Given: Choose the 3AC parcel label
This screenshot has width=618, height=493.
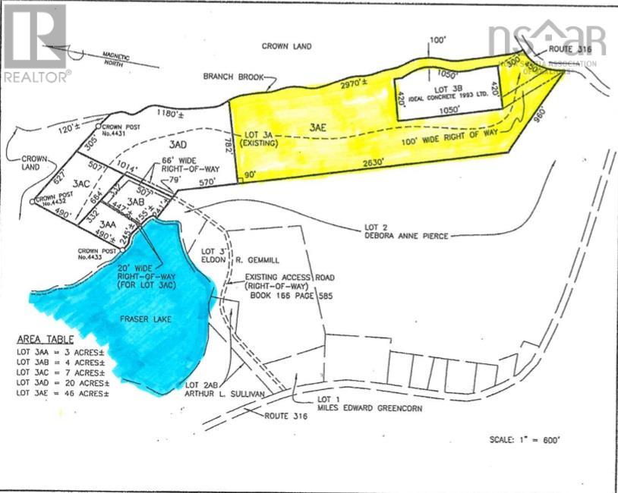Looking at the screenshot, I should pos(82,183).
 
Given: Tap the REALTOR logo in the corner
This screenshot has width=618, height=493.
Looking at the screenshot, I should pos(36,42).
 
